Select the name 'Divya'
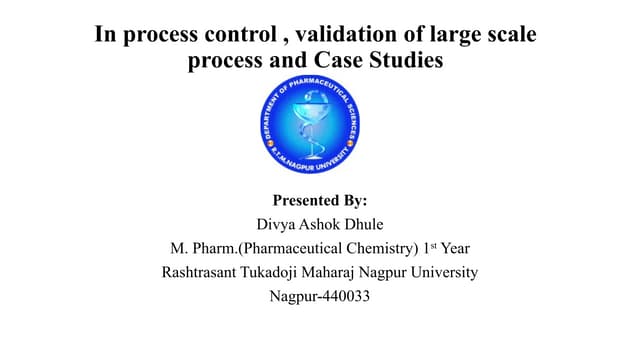[x=277, y=225]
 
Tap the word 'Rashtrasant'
[x=203, y=272]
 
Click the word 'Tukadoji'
[x=279, y=272]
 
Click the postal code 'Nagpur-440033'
[x=319, y=296]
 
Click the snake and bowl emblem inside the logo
[x=313, y=128]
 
